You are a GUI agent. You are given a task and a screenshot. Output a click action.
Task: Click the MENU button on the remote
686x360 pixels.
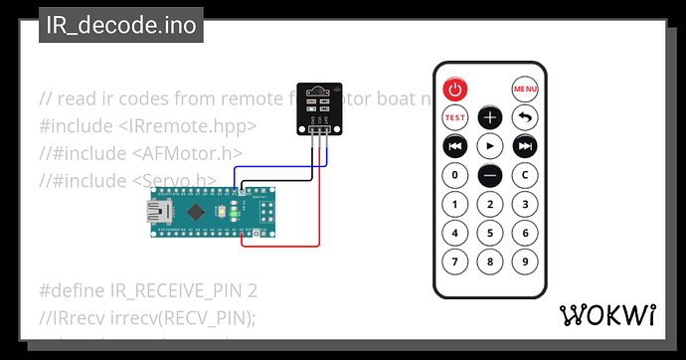click(x=525, y=89)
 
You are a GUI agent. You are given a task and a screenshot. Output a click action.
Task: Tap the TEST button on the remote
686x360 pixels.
click(x=454, y=117)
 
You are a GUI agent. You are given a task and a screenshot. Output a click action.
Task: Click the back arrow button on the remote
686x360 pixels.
click(x=525, y=117)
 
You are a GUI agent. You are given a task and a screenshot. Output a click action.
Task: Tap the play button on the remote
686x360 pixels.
click(x=490, y=146)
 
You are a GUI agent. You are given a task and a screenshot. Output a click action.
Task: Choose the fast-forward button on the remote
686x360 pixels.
click(x=525, y=146)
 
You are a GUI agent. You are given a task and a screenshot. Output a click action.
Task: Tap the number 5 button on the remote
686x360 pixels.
click(x=490, y=234)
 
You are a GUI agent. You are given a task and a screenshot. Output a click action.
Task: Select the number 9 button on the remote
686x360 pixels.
click(x=525, y=263)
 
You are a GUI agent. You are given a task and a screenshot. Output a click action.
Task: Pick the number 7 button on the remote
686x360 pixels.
click(x=454, y=263)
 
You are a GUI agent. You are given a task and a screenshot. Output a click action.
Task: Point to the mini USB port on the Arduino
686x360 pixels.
click(x=157, y=211)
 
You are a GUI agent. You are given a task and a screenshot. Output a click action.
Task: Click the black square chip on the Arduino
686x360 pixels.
click(x=199, y=211)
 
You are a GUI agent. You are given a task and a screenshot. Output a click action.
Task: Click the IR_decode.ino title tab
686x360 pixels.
click(x=120, y=25)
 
